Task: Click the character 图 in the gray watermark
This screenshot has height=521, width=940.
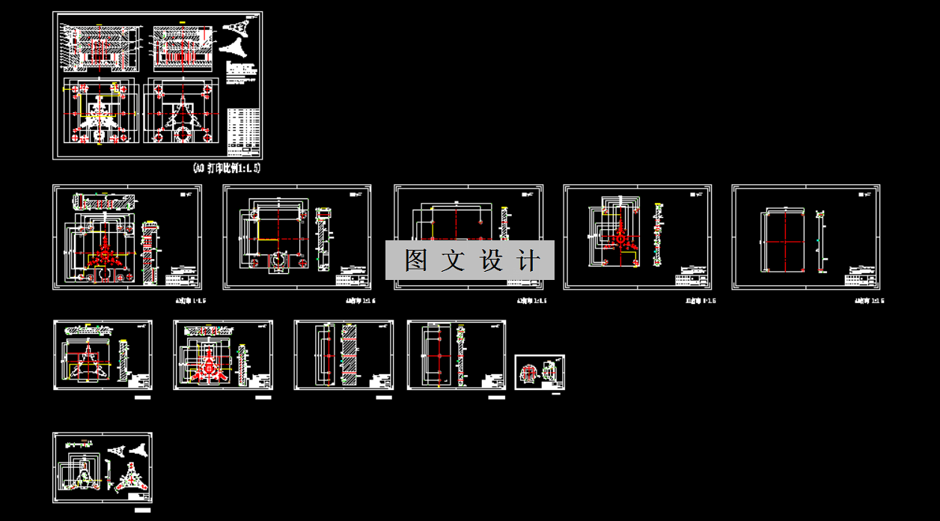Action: (x=416, y=260)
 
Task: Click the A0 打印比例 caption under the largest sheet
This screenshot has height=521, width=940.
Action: (x=225, y=168)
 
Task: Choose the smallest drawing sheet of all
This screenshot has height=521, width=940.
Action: (x=540, y=372)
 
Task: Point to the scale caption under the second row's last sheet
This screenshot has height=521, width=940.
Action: (x=869, y=301)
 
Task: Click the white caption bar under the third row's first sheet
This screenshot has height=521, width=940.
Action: (x=141, y=398)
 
